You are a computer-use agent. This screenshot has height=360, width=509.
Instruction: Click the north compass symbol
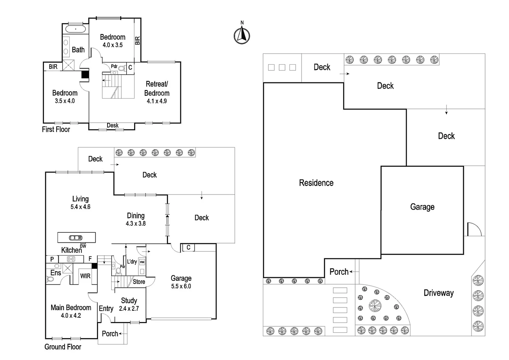(x=242, y=35)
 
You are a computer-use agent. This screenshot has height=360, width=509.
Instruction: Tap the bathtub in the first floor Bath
(x=75, y=29)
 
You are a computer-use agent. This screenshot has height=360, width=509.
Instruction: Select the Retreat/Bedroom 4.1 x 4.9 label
(x=157, y=92)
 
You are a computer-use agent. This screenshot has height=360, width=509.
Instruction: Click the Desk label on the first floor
(x=113, y=125)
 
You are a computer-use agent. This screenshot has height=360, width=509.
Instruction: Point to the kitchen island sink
(x=76, y=238)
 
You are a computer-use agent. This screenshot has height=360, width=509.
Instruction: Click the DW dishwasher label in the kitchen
(x=83, y=246)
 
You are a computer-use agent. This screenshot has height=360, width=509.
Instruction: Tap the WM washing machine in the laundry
(x=142, y=262)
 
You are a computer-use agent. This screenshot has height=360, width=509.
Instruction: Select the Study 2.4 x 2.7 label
(x=129, y=304)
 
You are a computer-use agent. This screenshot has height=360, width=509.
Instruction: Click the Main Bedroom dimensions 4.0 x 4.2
(x=71, y=316)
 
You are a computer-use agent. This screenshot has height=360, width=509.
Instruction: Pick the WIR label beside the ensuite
(x=85, y=276)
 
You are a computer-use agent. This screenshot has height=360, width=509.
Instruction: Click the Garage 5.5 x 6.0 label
(x=181, y=282)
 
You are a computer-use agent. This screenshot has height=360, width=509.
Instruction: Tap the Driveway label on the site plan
(x=438, y=293)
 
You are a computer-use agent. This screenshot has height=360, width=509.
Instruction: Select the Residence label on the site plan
(x=316, y=183)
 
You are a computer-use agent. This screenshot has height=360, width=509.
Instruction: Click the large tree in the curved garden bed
(x=375, y=305)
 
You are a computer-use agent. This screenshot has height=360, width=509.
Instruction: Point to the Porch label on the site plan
(x=339, y=272)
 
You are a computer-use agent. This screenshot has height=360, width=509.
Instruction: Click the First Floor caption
(x=56, y=129)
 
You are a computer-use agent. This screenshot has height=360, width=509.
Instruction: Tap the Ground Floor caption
(x=63, y=347)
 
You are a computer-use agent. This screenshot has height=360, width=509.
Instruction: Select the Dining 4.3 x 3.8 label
(x=136, y=219)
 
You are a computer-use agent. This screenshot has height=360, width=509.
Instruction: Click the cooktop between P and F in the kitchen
(x=71, y=259)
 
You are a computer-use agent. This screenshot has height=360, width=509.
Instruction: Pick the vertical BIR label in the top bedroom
(x=138, y=41)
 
